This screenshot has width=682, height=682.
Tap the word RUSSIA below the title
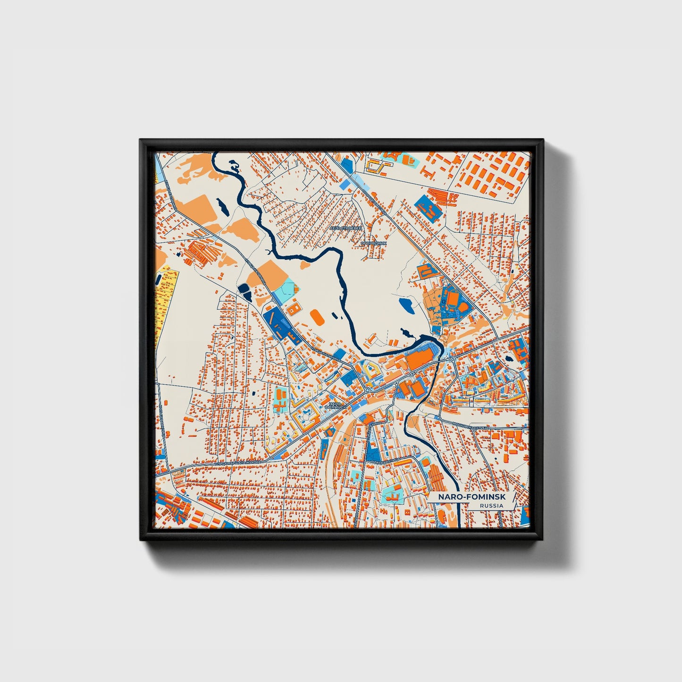pyautogui.click(x=491, y=505)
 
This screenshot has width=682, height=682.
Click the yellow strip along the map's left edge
pyautogui.click(x=164, y=293)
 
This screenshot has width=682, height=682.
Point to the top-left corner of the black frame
pyautogui.click(x=141, y=140)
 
